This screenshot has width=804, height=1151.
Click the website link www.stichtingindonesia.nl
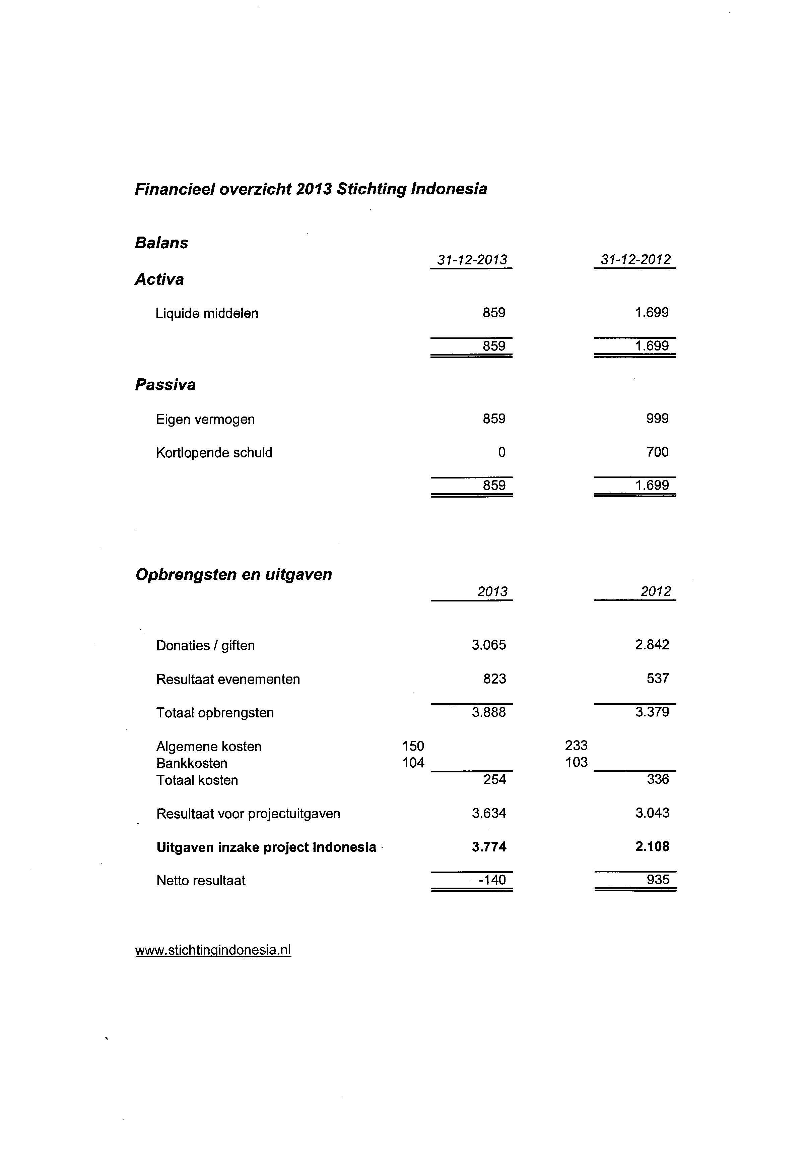pyautogui.click(x=213, y=950)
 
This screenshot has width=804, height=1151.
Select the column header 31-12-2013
pyautogui.click(x=472, y=260)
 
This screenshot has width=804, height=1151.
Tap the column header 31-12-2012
pyautogui.click(x=635, y=260)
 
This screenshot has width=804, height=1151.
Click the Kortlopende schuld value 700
pyautogui.click(x=657, y=452)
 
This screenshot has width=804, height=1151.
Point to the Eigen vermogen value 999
pyautogui.click(x=657, y=419)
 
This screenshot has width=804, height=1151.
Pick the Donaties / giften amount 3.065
pyautogui.click(x=489, y=645)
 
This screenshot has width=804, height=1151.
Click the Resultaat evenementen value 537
pyautogui.click(x=658, y=679)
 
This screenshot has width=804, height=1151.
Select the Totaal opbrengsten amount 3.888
pyautogui.click(x=489, y=712)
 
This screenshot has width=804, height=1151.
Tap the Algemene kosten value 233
pyautogui.click(x=576, y=746)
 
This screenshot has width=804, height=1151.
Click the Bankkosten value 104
pyautogui.click(x=413, y=763)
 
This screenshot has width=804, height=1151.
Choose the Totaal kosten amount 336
pyautogui.click(x=658, y=779)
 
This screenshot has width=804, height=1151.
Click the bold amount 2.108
pyautogui.click(x=652, y=847)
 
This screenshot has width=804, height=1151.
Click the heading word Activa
pyautogui.click(x=159, y=279)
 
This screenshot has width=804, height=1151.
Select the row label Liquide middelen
pyautogui.click(x=207, y=313)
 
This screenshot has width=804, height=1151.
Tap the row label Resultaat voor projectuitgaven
pyautogui.click(x=248, y=814)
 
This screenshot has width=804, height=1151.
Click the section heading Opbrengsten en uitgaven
pyautogui.click(x=233, y=575)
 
